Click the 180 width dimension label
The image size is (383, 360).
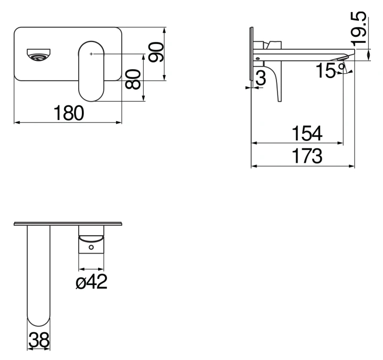click(69, 113)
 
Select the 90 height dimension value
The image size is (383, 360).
click(156, 52)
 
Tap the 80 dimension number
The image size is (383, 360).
click(133, 79)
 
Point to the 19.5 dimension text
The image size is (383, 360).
click(359, 29)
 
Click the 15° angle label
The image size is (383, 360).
click(330, 71)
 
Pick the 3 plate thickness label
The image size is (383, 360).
click(261, 78)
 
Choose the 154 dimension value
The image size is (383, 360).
click(307, 133)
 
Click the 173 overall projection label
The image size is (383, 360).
click(307, 156)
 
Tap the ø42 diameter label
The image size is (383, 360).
click(92, 281)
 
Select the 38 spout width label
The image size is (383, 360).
click(39, 340)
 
